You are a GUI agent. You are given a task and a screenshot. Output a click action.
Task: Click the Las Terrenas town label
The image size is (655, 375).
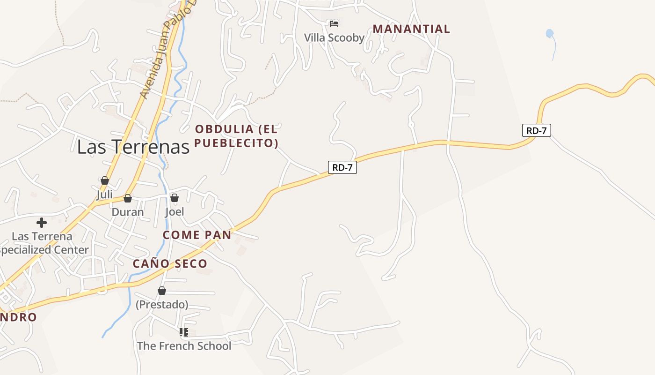(133, 147)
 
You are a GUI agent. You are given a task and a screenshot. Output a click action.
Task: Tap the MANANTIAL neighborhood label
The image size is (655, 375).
(411, 29)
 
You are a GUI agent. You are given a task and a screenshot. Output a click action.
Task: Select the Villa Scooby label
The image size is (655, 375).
(334, 37)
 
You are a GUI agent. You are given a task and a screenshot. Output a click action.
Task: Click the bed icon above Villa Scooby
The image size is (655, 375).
(334, 23)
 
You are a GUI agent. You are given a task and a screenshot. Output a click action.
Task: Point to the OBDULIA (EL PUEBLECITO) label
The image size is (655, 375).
(236, 136)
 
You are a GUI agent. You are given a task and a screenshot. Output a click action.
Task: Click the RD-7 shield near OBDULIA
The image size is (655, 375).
(342, 167)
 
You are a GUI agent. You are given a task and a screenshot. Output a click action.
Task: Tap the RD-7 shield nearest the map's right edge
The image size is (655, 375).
(536, 130)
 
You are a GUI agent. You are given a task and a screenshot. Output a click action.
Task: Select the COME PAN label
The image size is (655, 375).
(197, 235)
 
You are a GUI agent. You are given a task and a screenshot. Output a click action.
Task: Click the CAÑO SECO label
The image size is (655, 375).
(170, 263)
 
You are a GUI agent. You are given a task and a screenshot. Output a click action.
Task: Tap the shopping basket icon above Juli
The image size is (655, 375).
(105, 180)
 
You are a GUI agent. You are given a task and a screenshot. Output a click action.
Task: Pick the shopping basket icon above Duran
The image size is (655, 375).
(128, 198)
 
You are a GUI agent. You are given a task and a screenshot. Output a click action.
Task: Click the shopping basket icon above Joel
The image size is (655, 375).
(175, 198)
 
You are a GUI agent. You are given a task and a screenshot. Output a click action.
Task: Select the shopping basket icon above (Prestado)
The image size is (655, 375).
(162, 291)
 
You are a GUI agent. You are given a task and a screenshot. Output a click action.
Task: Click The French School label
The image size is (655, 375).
(184, 346)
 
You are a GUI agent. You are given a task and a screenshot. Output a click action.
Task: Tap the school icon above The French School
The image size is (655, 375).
(184, 332)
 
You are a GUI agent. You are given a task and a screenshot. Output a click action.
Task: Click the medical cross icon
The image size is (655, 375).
(42, 223)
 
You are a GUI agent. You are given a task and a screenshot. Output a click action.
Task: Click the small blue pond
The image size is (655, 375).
(550, 33)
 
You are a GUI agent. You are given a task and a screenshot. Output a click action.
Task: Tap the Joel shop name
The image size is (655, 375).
(175, 212)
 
